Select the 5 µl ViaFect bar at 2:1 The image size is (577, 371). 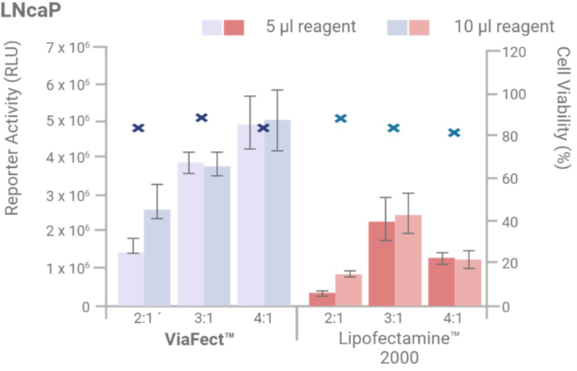pos(131,279)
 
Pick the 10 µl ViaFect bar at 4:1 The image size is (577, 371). pos(278,212)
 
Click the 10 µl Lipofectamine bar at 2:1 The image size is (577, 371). pos(348,290)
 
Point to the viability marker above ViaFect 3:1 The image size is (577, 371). pos(202,118)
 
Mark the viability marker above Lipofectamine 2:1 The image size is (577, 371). pos(341,118)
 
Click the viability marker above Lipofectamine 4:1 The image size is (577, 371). pos(454,132)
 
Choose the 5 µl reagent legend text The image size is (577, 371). pos(310,27)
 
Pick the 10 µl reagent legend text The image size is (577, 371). pos(504,27)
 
